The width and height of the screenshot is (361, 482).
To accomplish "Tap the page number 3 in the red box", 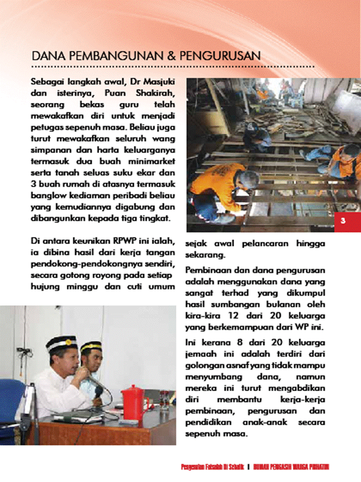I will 343,221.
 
